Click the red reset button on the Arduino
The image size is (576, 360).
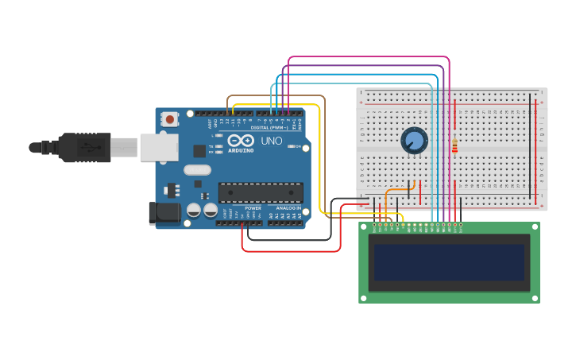(169, 119)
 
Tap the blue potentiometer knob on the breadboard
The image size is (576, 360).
(414, 141)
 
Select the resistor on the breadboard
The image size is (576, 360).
(454, 145)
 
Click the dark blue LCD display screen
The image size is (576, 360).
(449, 262)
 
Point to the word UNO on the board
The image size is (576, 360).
(272, 141)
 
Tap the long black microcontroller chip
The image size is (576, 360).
(261, 192)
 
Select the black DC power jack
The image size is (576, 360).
(164, 212)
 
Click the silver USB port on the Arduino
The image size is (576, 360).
(159, 148)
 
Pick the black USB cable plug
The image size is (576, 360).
(83, 147)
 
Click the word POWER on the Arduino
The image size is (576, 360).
(253, 208)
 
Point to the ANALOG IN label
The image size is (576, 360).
(288, 208)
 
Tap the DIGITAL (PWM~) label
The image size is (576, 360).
(269, 127)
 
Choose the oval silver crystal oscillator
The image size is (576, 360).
(197, 169)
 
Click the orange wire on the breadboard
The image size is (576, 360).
(396, 190)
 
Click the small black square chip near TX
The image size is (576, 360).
(199, 151)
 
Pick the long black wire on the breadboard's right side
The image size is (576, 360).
(531, 147)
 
